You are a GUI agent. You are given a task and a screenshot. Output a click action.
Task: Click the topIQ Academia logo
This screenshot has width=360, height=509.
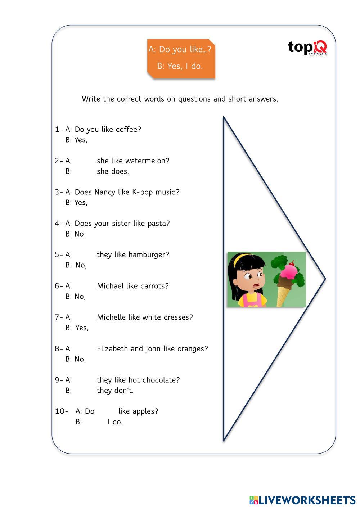point(307,48)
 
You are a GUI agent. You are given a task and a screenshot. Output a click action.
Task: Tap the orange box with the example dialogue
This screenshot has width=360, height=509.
point(181,58)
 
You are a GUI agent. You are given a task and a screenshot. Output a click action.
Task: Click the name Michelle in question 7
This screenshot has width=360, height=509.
point(111,317)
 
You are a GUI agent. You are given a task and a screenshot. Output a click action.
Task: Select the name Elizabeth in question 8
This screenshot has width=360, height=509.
point(112,348)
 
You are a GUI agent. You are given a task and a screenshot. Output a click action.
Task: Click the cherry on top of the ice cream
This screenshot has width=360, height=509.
point(292,263)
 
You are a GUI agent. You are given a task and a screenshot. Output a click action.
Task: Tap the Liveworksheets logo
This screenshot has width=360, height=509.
point(302,500)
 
